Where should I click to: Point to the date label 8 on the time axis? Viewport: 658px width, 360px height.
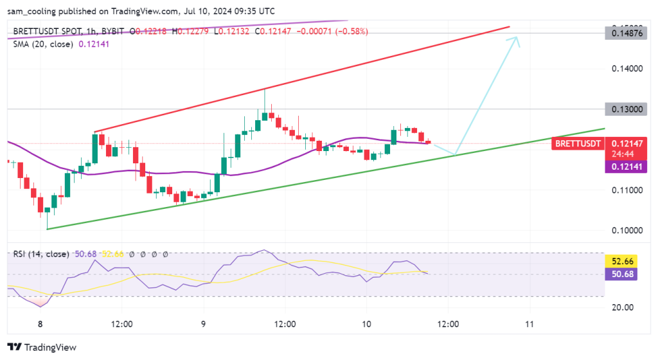coord(40,324)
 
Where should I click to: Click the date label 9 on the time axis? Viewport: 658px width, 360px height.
coord(204,324)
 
